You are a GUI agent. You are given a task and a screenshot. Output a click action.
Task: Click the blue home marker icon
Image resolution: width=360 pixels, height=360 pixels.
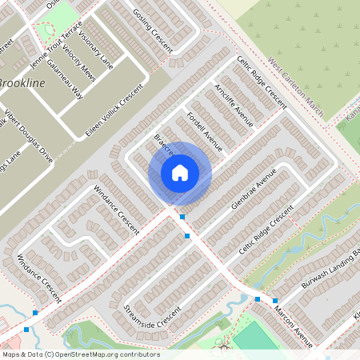180,172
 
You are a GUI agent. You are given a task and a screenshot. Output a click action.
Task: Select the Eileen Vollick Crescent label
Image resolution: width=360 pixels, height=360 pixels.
112,113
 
